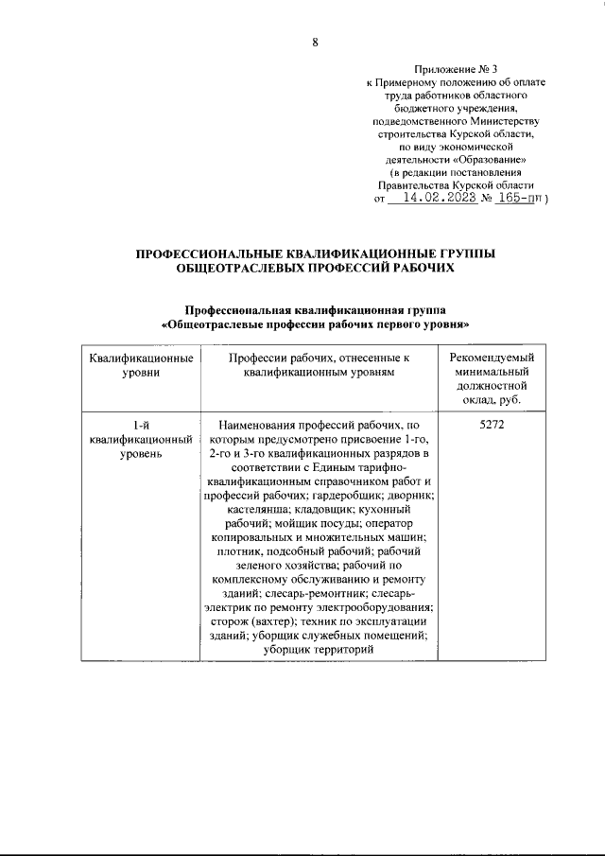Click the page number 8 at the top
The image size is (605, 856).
click(x=315, y=41)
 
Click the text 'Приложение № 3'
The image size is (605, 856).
click(x=456, y=69)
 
